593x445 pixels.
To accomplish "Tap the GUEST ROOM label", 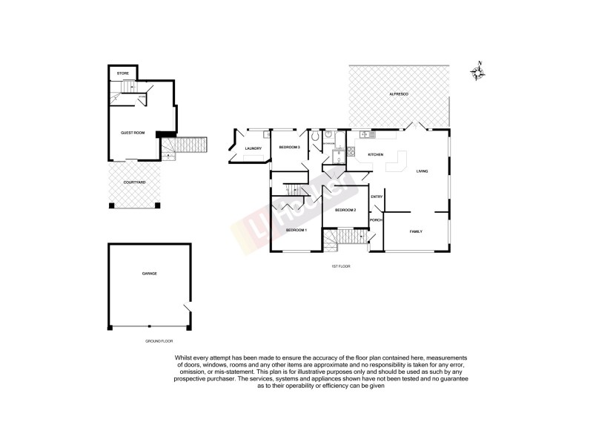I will click(133, 133).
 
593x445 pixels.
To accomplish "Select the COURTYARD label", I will click(134, 182).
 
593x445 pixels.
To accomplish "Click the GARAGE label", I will click(149, 274).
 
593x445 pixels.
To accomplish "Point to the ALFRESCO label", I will click(400, 95).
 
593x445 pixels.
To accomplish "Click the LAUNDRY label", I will click(254, 148).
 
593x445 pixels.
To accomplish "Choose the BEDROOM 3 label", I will click(289, 148).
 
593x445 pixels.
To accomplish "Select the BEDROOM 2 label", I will click(345, 211).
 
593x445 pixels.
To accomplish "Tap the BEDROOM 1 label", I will click(296, 231).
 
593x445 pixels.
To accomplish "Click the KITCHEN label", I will click(375, 154).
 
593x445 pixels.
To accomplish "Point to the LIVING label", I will click(422, 171).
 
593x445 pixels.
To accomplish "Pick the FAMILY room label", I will click(416, 232).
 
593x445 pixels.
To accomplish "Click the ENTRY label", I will click(376, 197).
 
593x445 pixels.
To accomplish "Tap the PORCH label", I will click(376, 220).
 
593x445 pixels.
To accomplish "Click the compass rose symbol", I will click(478, 71).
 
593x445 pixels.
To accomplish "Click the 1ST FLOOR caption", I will click(341, 265).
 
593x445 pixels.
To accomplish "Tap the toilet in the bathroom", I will click(317, 137).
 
